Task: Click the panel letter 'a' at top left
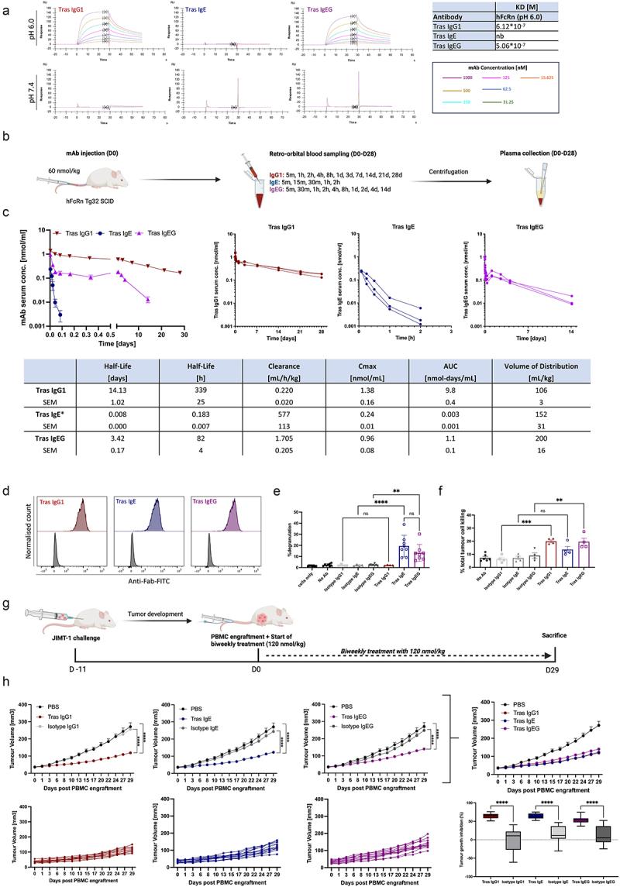tap(7, 7)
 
